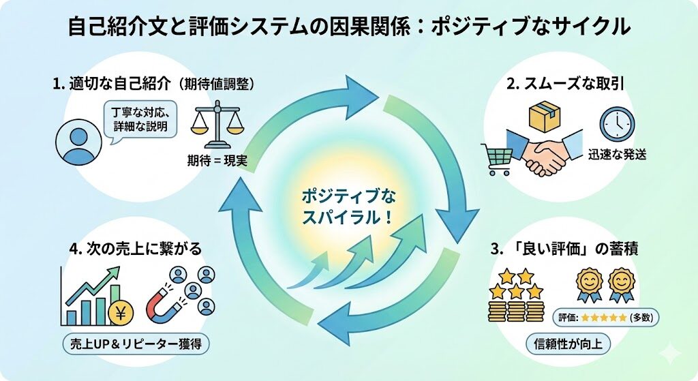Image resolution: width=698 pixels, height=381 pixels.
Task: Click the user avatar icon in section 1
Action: (x=78, y=142)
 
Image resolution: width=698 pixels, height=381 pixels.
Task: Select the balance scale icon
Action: (x=217, y=125)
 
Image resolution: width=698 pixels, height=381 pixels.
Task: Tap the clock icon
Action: (x=616, y=125)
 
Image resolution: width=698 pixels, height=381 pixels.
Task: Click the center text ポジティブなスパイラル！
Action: (x=348, y=207)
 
